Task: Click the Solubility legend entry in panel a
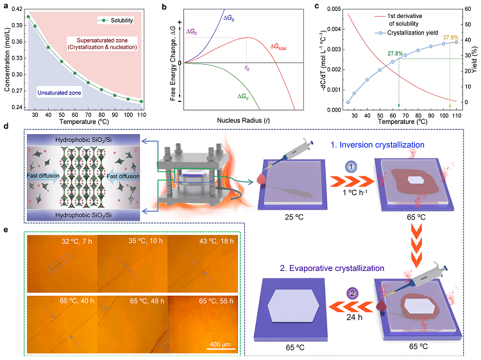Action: [121, 22]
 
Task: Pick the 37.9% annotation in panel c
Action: [448, 37]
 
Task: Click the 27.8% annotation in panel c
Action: [395, 55]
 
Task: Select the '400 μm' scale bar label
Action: [221, 342]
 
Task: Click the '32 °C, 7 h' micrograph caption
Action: [74, 243]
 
